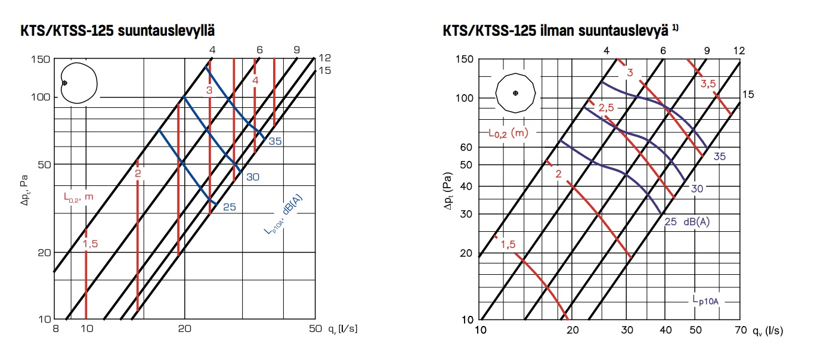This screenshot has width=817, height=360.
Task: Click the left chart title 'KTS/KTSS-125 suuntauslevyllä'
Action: pyautogui.click(x=117, y=31)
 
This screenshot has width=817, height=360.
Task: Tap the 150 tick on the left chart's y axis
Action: pyautogui.click(x=40, y=59)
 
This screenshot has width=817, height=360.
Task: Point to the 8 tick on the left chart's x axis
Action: pyautogui.click(x=55, y=328)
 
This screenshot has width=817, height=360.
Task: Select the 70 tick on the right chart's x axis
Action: pyautogui.click(x=741, y=330)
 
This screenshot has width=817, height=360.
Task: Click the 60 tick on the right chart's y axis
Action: pyautogui.click(x=466, y=147)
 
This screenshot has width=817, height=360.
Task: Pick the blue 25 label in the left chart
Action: pyautogui.click(x=230, y=207)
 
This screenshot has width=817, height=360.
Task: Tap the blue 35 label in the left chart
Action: pyautogui.click(x=276, y=141)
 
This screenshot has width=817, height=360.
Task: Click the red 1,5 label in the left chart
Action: pyautogui.click(x=90, y=244)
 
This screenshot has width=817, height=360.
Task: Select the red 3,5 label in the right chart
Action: pyautogui.click(x=708, y=84)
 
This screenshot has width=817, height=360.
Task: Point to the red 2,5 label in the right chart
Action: pyautogui.click(x=606, y=107)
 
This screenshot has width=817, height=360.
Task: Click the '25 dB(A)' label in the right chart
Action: pyautogui.click(x=687, y=222)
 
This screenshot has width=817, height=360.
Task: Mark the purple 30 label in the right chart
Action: pyautogui.click(x=697, y=189)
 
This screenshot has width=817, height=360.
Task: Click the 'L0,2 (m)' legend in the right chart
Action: pyautogui.click(x=509, y=133)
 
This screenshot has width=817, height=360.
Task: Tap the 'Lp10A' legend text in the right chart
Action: pyautogui.click(x=705, y=300)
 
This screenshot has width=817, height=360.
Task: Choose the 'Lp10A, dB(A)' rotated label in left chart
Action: pyautogui.click(x=283, y=215)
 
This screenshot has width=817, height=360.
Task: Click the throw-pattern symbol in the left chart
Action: pyautogui.click(x=79, y=83)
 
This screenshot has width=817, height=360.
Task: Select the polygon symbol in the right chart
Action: pyautogui.click(x=515, y=93)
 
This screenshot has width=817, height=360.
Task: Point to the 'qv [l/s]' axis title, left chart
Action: pyautogui.click(x=342, y=329)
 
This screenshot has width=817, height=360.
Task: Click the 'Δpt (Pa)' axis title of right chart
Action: pyautogui.click(x=448, y=191)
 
